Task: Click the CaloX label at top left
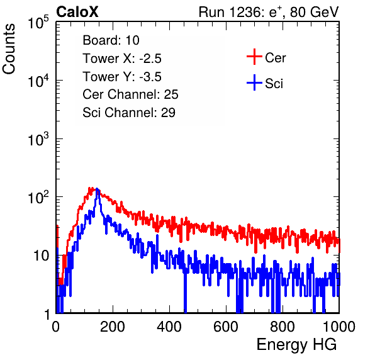[x=77, y=12]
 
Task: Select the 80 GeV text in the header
[x=314, y=12]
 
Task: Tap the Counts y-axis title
[x=9, y=49]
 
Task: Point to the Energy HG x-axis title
[x=296, y=345]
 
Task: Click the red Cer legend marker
[x=254, y=57]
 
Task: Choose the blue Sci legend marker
[x=254, y=82]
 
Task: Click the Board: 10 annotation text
[x=111, y=40]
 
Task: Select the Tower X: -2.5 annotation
[x=122, y=59]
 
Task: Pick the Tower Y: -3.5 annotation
[x=122, y=77]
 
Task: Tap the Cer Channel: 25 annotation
[x=130, y=94]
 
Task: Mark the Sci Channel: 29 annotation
[x=129, y=113]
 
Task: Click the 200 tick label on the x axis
[x=113, y=327]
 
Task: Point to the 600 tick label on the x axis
[x=226, y=327]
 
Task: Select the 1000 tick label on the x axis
[x=339, y=327]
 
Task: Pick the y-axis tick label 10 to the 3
[x=38, y=138]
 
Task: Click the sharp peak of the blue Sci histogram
[x=97, y=189]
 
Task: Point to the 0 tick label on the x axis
[x=56, y=327]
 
